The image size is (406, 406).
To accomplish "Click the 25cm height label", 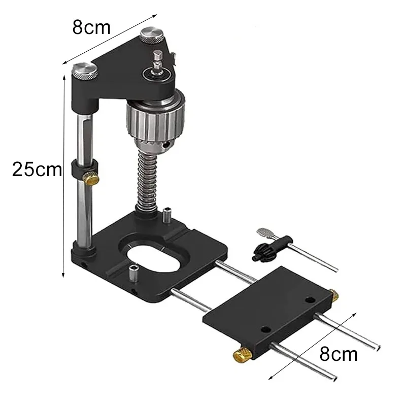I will [37, 169].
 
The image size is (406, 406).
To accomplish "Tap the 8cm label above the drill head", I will [91, 27].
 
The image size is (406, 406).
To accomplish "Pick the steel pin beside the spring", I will [167, 215].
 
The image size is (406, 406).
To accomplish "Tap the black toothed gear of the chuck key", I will [260, 250].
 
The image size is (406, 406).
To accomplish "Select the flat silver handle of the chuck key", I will [265, 233].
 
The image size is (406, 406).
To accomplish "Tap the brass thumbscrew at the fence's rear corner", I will [334, 295].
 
